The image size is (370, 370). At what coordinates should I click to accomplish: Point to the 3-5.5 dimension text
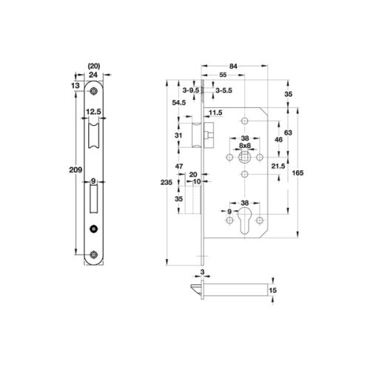[223, 90]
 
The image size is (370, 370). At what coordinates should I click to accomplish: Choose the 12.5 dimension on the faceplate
[93, 112]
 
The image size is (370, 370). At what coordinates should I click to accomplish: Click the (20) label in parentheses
[93, 65]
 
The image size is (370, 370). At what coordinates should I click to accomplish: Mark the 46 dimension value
[277, 138]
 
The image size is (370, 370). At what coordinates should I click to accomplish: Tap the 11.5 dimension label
[215, 112]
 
